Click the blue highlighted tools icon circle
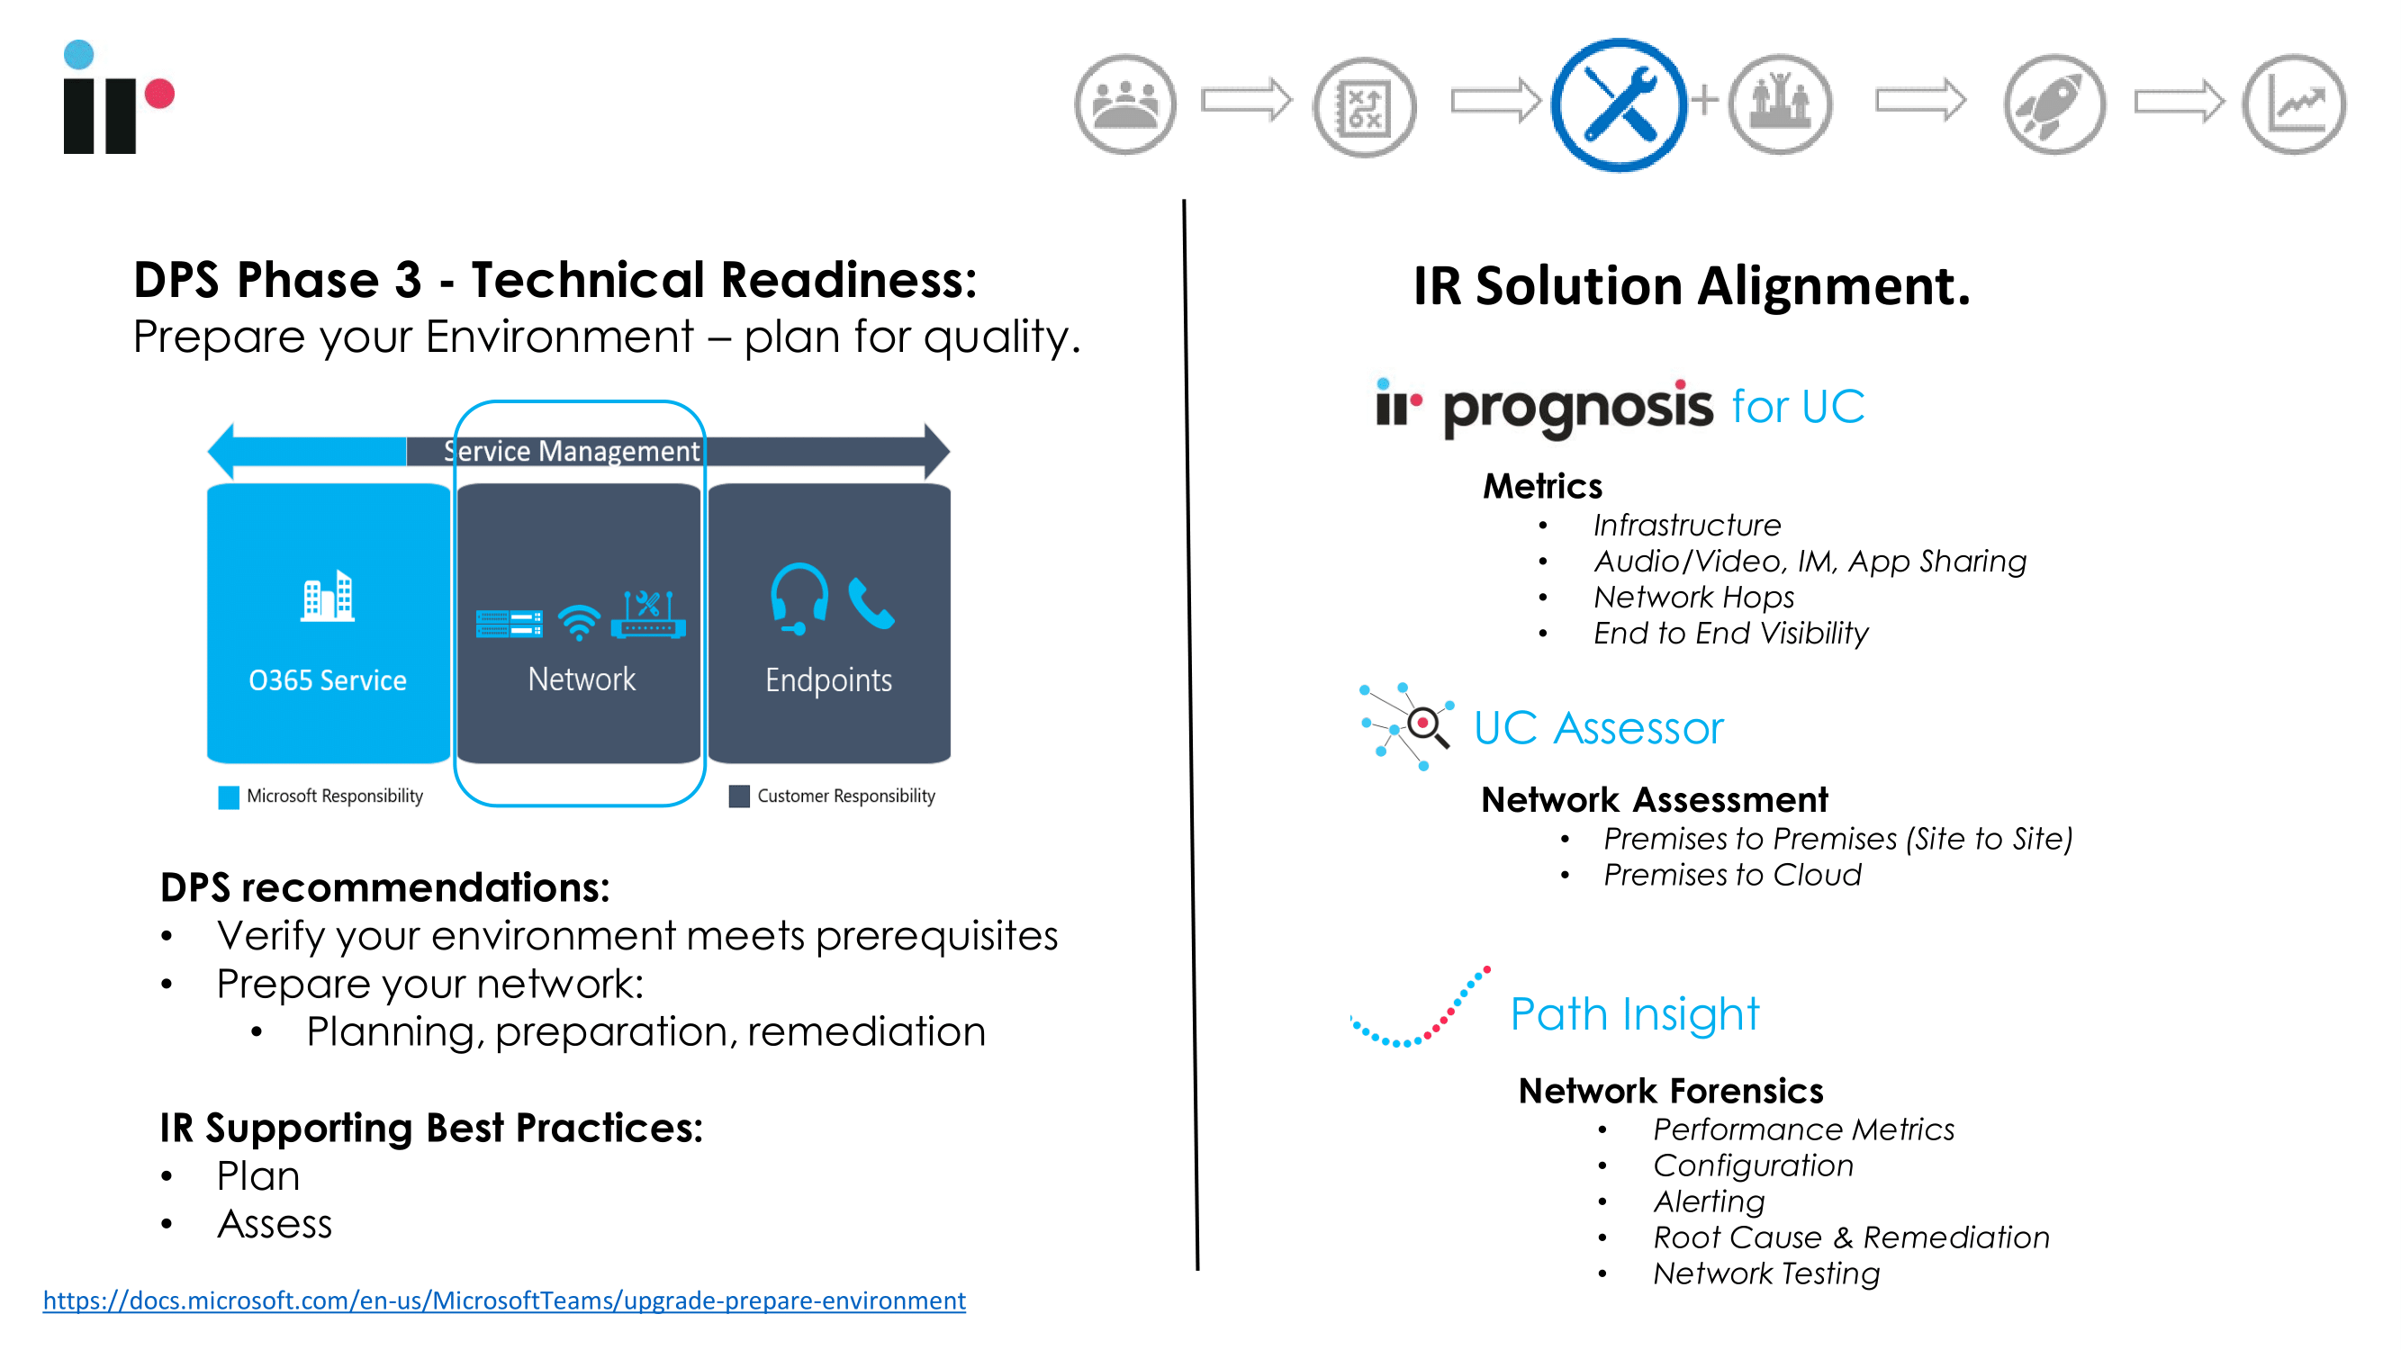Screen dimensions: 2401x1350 tap(1619, 104)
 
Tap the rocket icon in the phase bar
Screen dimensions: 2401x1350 tap(2054, 104)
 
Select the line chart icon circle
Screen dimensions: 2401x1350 tap(2294, 104)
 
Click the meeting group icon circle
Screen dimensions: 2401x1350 tap(1125, 104)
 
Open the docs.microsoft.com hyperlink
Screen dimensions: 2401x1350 tap(504, 1300)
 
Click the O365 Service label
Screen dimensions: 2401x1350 tap(327, 680)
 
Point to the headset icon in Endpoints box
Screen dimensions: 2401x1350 tap(799, 599)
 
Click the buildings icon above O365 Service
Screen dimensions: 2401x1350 tap(327, 595)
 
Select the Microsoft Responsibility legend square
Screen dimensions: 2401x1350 tap(229, 796)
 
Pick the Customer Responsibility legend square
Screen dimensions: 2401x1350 tap(739, 796)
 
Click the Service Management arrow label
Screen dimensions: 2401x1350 tap(572, 451)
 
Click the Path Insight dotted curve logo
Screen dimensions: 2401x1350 tap(1420, 1007)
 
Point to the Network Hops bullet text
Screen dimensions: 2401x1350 tap(1693, 598)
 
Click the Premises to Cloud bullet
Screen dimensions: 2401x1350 tap(1732, 875)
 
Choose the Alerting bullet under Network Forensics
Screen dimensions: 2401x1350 tap(1710, 1201)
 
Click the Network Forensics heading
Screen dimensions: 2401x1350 tap(1670, 1091)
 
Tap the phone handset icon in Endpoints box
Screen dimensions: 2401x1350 tap(871, 604)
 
